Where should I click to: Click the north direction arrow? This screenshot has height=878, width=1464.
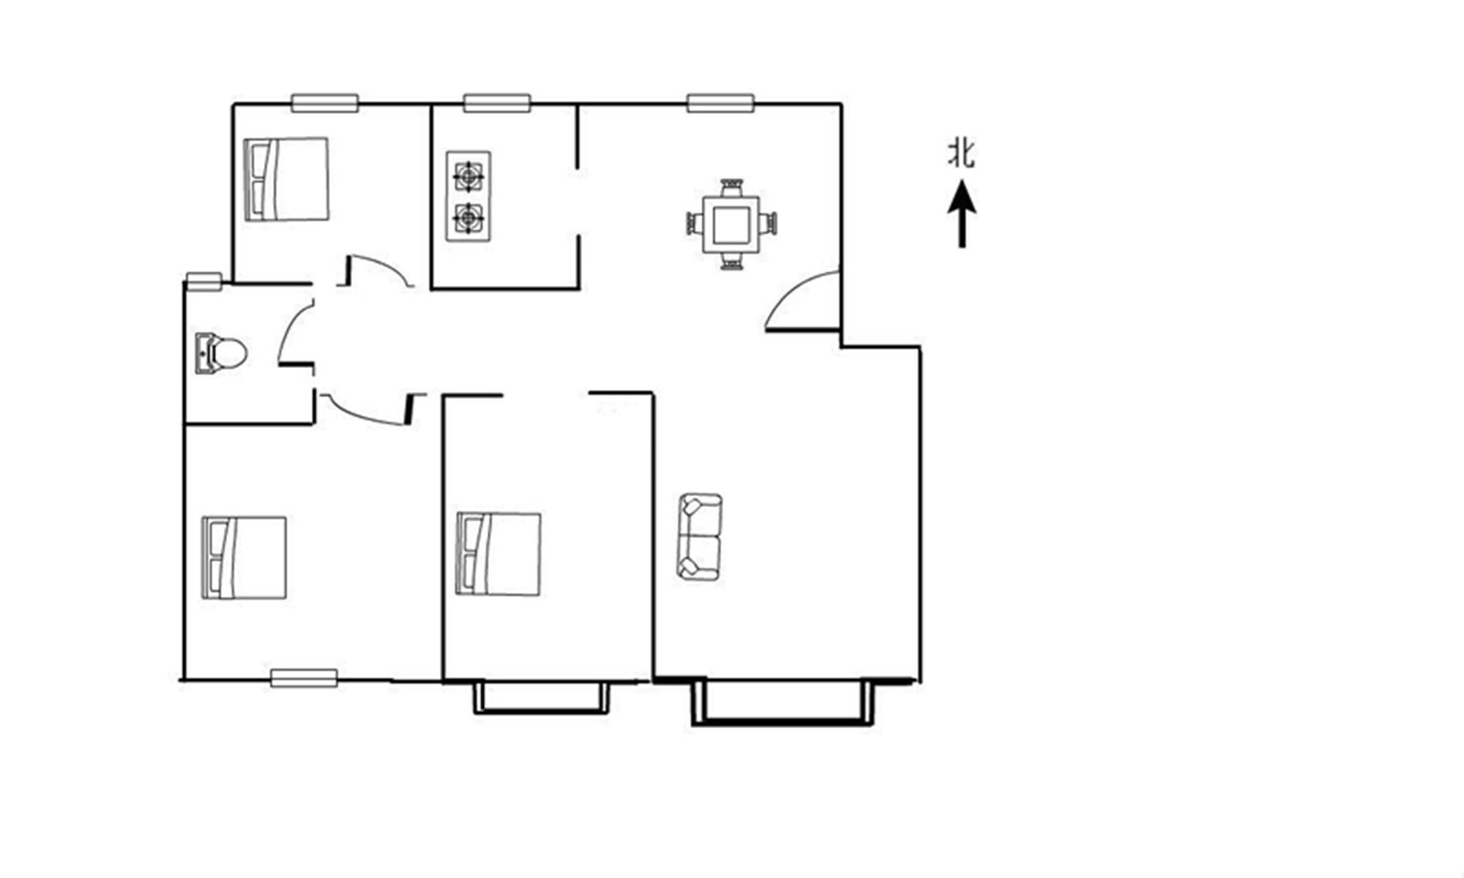(x=962, y=215)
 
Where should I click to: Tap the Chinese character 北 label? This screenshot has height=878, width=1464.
(x=962, y=154)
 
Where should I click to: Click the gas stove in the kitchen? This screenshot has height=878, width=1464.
(x=468, y=196)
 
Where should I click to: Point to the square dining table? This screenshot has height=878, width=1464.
(x=731, y=225)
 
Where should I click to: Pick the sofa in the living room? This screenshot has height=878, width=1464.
(x=701, y=538)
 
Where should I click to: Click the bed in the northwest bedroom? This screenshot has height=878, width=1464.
(x=286, y=179)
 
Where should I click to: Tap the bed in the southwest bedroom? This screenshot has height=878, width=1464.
(x=244, y=558)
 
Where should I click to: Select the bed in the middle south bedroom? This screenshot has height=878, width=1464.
(x=498, y=554)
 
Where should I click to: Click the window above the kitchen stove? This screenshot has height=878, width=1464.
(x=497, y=103)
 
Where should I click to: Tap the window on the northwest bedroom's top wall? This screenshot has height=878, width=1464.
(x=325, y=103)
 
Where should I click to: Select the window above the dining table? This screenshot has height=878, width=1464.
(x=720, y=103)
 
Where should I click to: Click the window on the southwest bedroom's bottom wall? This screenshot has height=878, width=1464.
(x=304, y=678)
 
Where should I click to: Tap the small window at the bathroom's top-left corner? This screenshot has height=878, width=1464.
(x=203, y=281)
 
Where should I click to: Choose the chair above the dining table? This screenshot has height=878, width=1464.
(x=731, y=187)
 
